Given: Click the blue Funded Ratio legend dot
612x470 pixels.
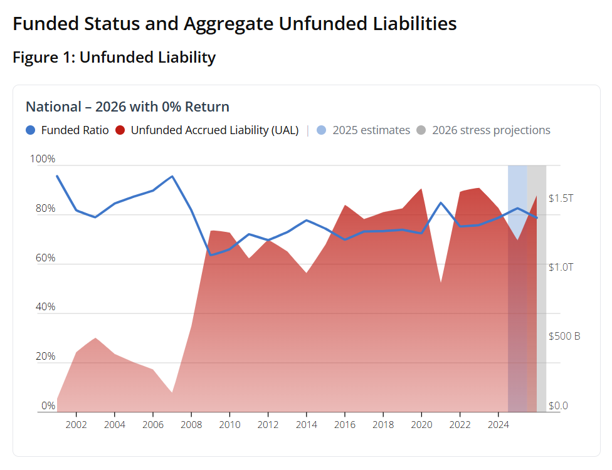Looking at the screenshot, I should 31,130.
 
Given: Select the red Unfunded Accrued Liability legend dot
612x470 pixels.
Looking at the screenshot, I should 120,130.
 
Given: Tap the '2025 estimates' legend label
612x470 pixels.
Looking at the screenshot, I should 371,130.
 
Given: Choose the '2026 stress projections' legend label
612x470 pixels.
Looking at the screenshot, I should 491,130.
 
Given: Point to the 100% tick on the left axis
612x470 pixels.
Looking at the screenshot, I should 43,159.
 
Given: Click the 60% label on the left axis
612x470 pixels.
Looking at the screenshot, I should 45,258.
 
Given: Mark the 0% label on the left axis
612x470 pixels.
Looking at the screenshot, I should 48,405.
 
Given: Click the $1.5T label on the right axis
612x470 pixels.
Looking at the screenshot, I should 561,198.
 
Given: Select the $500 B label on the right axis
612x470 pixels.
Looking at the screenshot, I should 564,336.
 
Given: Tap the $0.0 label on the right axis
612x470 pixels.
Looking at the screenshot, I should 557,405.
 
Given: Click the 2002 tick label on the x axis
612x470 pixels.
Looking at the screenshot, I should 76,424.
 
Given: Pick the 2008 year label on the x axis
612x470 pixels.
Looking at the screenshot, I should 191,424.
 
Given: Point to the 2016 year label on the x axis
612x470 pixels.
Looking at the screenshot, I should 345,424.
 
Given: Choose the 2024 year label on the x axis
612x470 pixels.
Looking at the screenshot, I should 498,424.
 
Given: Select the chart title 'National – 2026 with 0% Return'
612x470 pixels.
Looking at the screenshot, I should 127,107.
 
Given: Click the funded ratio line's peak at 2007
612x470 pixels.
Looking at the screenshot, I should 172,176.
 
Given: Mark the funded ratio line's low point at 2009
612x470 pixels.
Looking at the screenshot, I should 210,255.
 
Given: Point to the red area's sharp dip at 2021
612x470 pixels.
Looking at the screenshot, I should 441,283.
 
